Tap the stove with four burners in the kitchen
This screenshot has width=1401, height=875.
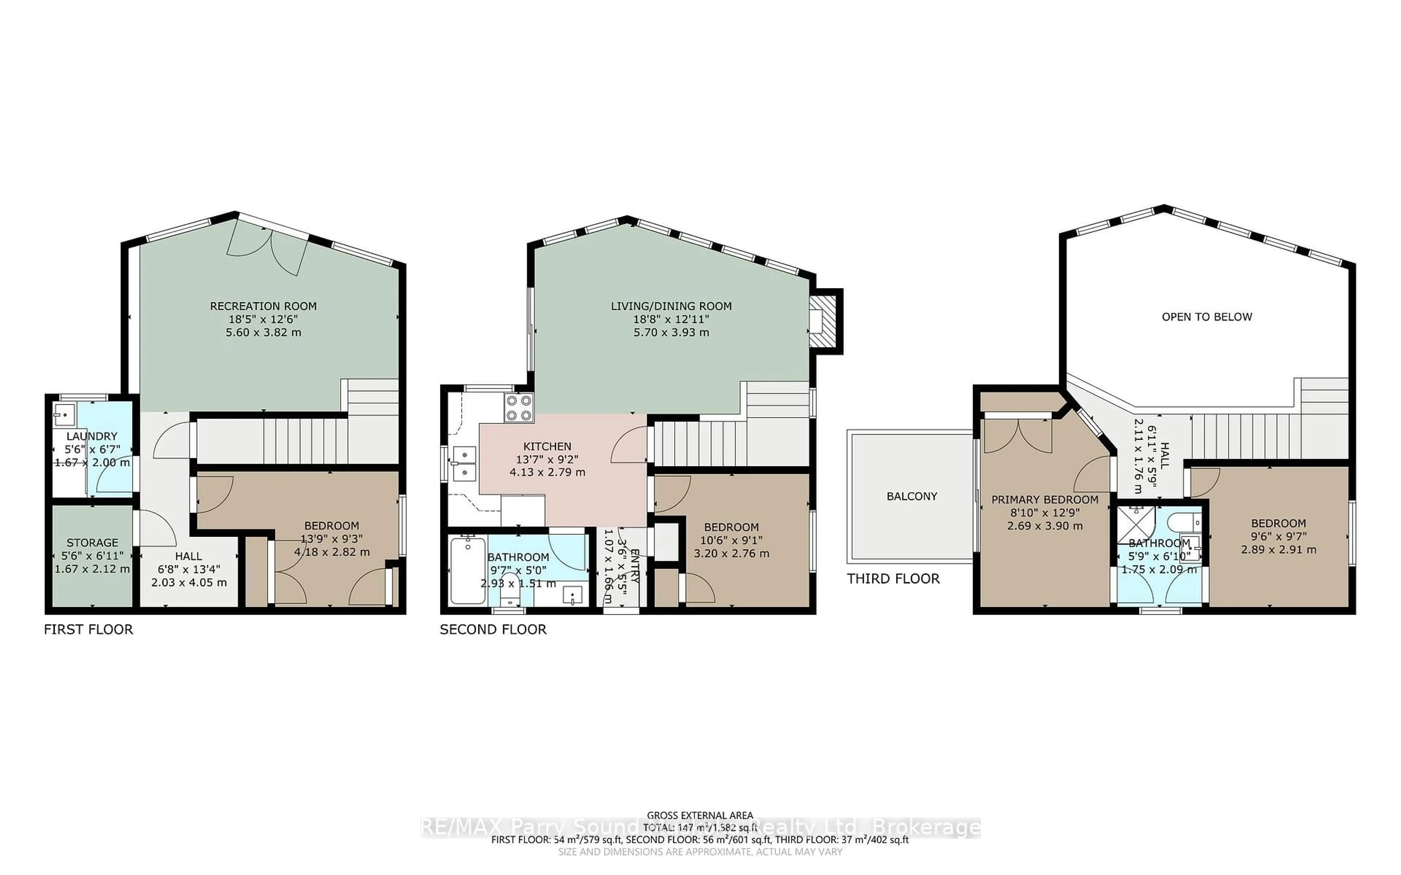(x=519, y=407)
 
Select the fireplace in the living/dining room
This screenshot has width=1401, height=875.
(x=825, y=322)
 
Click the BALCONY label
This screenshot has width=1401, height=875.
(x=911, y=496)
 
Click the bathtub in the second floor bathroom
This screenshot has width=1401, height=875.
(x=468, y=571)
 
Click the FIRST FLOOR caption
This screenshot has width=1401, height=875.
(x=89, y=630)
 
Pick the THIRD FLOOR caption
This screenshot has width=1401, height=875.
(x=893, y=579)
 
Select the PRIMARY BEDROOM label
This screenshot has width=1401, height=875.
(x=1045, y=499)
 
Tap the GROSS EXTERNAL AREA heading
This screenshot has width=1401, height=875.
(x=699, y=816)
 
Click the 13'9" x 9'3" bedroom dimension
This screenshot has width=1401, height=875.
(x=331, y=539)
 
